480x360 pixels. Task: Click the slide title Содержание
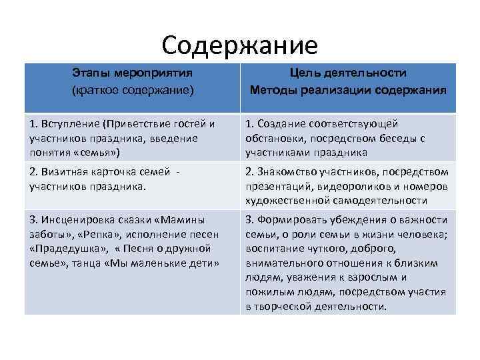coord(240,45)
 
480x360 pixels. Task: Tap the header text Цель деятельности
coord(348,73)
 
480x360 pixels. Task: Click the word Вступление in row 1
coord(69,123)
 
